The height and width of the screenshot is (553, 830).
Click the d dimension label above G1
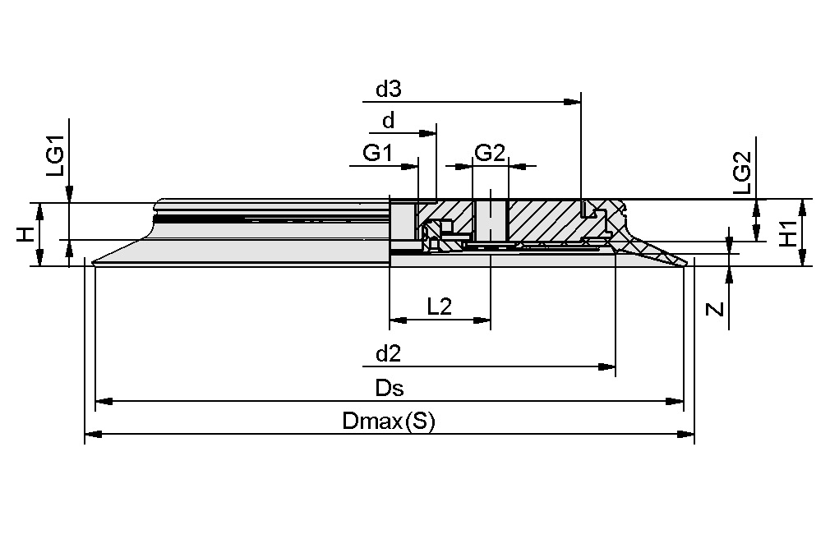[x=388, y=121]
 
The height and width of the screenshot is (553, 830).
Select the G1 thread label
[x=378, y=153]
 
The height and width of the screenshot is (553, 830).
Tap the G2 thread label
[x=490, y=153]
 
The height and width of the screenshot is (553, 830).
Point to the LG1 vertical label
[x=54, y=159]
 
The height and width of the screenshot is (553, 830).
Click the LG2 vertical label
[x=741, y=173]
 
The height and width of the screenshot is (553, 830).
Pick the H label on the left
[x=27, y=235]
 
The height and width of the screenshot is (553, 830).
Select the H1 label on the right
[x=788, y=234]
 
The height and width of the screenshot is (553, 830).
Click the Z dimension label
[x=715, y=310]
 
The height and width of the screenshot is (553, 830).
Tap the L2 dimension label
[x=440, y=306]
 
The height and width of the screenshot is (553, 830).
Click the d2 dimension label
[x=388, y=354]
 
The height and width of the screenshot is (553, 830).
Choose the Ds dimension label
[x=390, y=387]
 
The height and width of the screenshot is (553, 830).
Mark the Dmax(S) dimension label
[x=388, y=422]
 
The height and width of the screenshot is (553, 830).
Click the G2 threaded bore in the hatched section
[x=490, y=218]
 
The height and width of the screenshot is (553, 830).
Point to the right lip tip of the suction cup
[x=685, y=262]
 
